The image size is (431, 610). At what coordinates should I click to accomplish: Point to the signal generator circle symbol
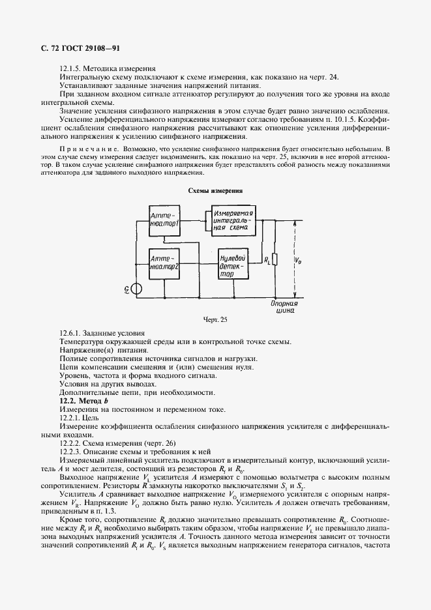[x=137, y=289]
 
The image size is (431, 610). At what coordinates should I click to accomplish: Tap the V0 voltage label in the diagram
[x=298, y=260]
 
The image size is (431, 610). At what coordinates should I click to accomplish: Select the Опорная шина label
[x=284, y=307]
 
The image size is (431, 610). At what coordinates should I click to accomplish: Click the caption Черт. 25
[x=215, y=319]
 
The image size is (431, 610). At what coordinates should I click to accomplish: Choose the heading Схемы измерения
[x=215, y=191]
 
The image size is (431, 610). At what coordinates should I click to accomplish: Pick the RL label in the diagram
[x=267, y=260]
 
